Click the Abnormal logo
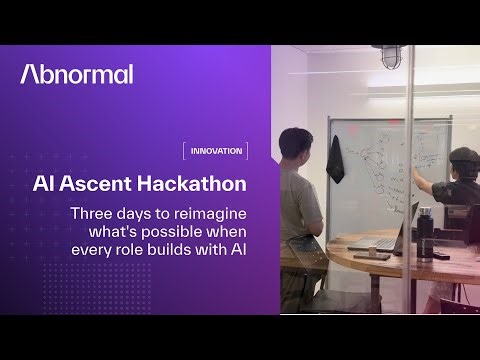pyautogui.click(x=76, y=74)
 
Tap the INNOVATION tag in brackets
pyautogui.click(x=215, y=151)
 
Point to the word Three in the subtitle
pyautogui.click(x=92, y=213)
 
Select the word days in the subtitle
pyautogui.click(x=139, y=213)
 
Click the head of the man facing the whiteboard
pyautogui.click(x=297, y=141)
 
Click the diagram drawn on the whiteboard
pyautogui.click(x=385, y=160)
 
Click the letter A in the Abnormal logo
pyautogui.click(x=30, y=74)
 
